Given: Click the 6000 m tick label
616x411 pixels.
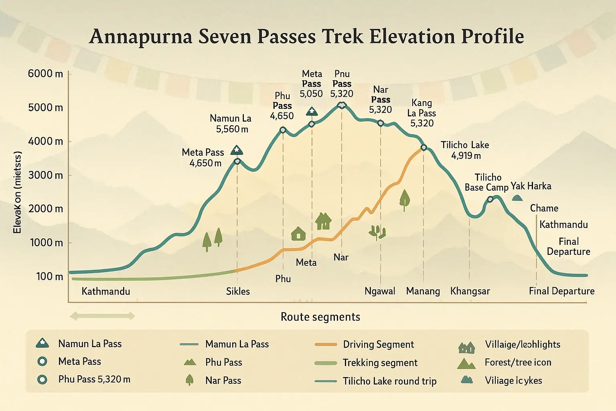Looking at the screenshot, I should (x=45, y=74).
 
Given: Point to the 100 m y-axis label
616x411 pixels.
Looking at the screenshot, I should (x=49, y=277).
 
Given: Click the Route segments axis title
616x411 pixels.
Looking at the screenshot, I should (x=320, y=317).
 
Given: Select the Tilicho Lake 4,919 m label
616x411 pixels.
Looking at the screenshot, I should (x=465, y=150).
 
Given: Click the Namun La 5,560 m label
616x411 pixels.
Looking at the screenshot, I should (x=231, y=124).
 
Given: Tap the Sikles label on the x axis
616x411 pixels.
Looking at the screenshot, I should (x=238, y=291).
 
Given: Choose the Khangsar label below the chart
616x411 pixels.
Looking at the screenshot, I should (x=470, y=291).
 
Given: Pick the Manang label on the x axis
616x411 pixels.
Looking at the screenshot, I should (x=423, y=291).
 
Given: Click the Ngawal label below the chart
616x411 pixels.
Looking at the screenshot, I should (x=380, y=291).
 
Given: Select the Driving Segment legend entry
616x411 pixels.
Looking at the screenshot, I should (x=378, y=344).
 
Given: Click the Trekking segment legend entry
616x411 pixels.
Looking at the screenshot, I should (x=380, y=363).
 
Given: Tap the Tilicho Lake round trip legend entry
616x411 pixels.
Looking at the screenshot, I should (x=389, y=381).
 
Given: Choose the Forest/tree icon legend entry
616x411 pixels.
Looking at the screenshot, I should (x=518, y=362).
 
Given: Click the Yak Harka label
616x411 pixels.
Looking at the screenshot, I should (x=531, y=186).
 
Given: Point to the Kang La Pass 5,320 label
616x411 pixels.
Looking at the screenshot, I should (x=421, y=113).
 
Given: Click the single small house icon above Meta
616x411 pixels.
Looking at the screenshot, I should (x=298, y=233).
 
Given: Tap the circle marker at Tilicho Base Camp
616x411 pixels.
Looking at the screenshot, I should (x=490, y=199).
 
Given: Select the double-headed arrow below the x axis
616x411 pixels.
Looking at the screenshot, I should (x=102, y=316).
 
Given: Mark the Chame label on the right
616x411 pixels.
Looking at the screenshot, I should (x=544, y=208).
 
